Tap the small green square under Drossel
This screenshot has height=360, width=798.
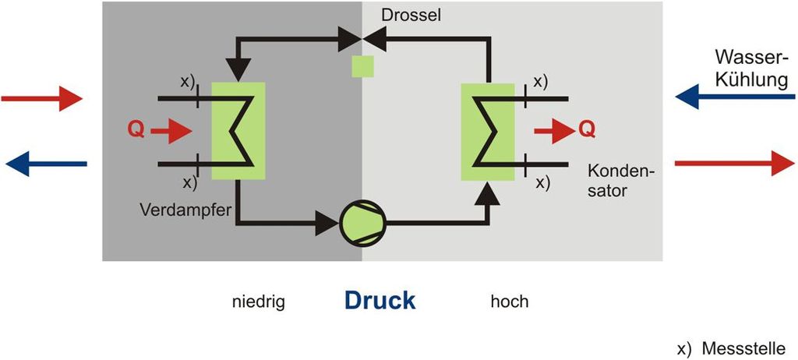362,65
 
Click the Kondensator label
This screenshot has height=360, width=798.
621,179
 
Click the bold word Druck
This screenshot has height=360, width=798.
380,301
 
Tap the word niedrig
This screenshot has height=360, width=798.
259,302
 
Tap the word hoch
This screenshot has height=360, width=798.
509,302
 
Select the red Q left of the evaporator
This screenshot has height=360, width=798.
136,131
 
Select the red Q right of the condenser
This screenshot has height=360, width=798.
587,129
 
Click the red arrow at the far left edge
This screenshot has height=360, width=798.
41,99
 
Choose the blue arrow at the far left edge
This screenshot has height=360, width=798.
46,163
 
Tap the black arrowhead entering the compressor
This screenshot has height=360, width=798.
326,226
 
